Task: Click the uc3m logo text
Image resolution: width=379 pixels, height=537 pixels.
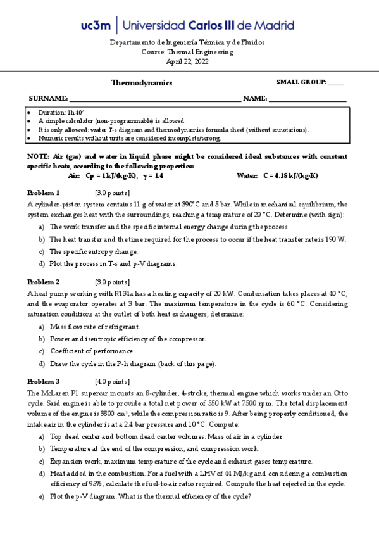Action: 96,25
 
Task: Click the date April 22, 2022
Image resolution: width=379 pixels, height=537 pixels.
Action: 187,61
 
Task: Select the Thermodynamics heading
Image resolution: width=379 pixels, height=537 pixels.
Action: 142,83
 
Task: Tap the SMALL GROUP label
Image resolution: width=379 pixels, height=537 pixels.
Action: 302,82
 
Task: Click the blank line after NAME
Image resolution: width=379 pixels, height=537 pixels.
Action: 308,99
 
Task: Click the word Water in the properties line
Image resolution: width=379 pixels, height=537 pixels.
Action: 247,175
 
